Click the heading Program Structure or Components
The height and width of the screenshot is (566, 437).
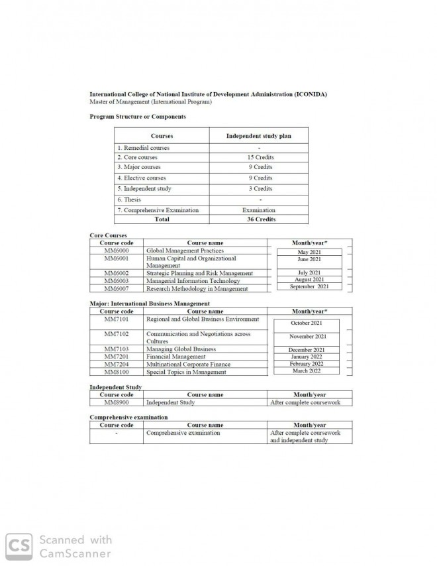click(137, 117)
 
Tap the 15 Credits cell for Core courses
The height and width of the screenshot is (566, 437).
click(260, 157)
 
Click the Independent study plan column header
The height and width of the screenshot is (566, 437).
click(258, 136)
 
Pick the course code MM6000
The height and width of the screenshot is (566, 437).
click(117, 251)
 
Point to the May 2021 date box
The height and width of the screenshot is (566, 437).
click(309, 253)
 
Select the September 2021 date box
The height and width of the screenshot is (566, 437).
click(309, 286)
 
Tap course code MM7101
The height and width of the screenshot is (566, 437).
click(117, 319)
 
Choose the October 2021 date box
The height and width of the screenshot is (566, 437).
click(307, 323)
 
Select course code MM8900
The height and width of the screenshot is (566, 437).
click(117, 402)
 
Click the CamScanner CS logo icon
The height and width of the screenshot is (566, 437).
click(19, 546)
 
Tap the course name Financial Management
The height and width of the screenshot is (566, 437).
click(175, 357)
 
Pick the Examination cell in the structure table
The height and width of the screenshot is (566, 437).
click(260, 210)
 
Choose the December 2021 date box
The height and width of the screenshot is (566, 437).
click(307, 350)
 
